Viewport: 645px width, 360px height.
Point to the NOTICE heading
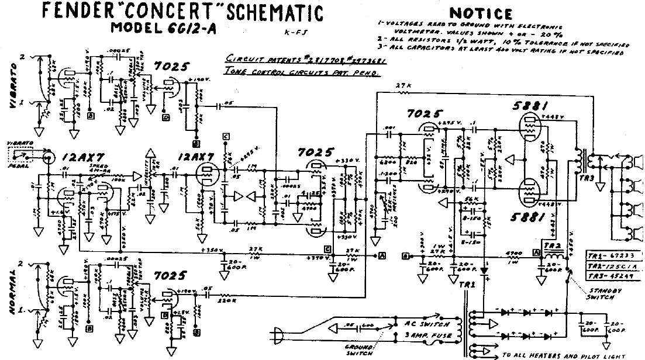[481, 13]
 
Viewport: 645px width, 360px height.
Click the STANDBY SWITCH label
[601, 294]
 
